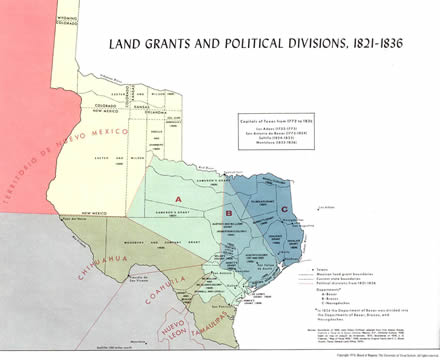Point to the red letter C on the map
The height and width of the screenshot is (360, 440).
coord(286,208)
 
